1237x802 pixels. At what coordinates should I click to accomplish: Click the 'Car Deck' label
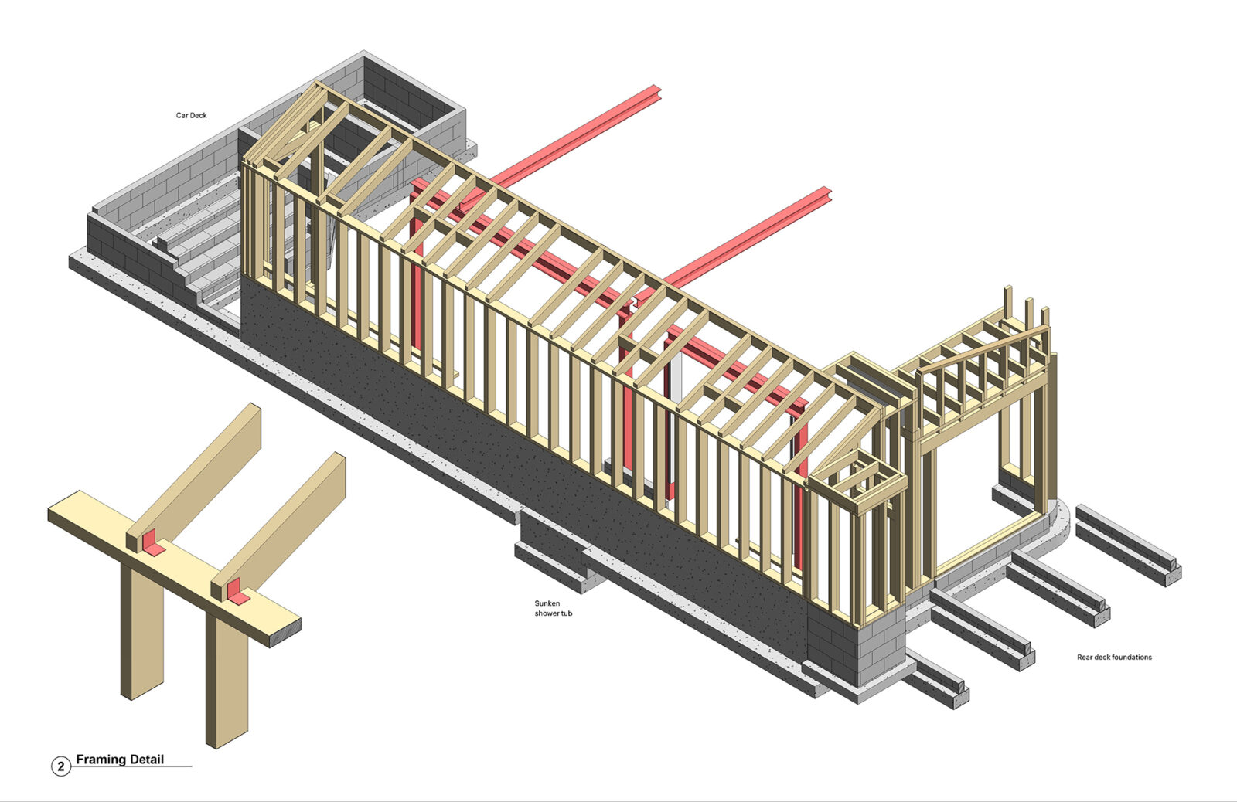[x=191, y=115]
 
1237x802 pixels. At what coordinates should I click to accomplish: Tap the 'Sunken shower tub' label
[x=553, y=608]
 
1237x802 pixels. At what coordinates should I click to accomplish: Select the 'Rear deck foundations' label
[x=1114, y=657]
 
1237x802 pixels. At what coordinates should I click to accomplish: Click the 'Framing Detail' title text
[x=120, y=760]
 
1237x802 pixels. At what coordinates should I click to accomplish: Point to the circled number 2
[x=60, y=766]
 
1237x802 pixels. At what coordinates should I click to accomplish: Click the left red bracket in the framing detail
[x=154, y=547]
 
